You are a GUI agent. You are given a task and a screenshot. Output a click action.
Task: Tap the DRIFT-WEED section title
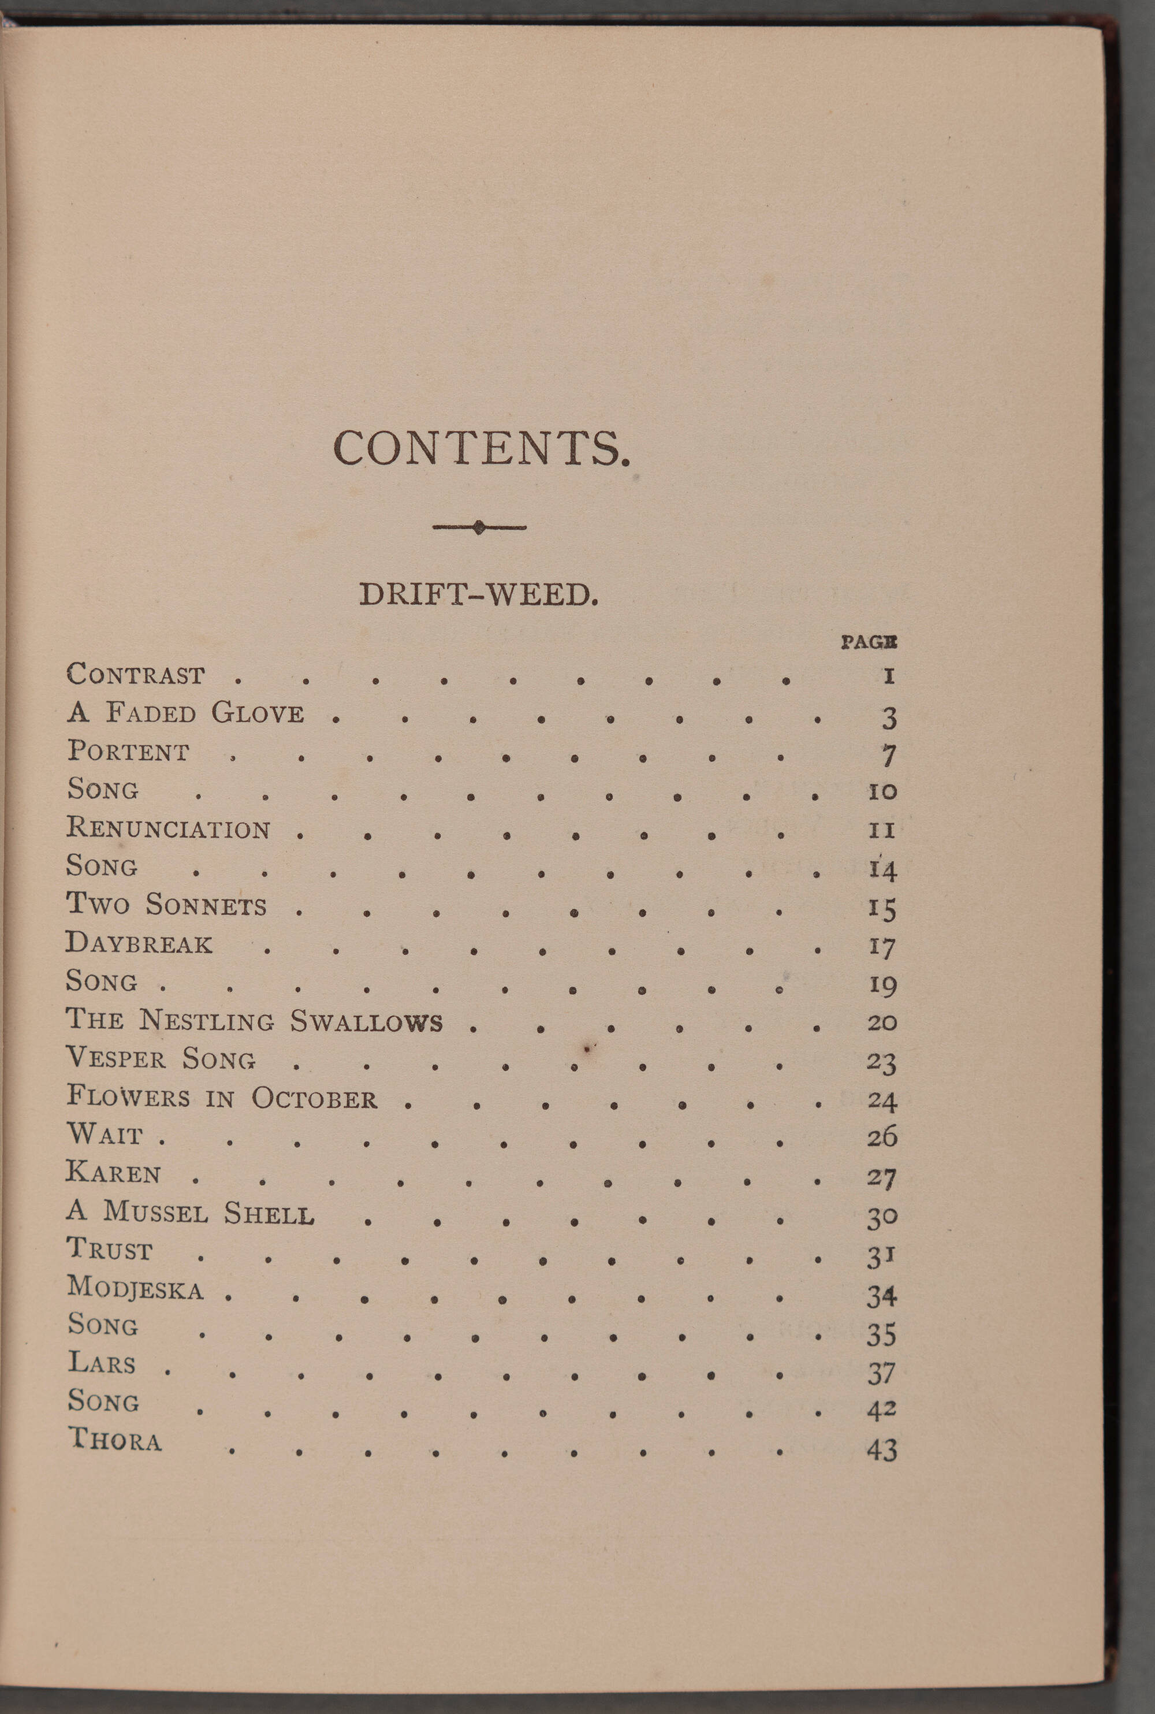tap(478, 594)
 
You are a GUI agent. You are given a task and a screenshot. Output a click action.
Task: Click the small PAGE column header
tap(869, 642)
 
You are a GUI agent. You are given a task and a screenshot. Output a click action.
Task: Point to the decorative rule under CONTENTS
tap(479, 527)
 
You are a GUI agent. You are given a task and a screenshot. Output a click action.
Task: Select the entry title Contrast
tap(136, 674)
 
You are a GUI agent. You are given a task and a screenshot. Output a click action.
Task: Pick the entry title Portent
tap(129, 751)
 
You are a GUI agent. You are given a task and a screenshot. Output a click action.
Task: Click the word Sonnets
tap(206, 904)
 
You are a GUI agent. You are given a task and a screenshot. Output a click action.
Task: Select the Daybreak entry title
tap(139, 943)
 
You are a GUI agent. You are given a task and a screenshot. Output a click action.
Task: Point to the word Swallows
tap(366, 1021)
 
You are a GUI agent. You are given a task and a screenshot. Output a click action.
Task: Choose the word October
tap(315, 1098)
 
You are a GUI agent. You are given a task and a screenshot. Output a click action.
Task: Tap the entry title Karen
tap(113, 1172)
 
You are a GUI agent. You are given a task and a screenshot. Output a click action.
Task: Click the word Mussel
tap(155, 1212)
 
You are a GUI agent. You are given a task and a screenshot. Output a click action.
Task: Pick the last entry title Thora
tap(115, 1439)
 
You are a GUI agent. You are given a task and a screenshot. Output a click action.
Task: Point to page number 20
tap(881, 1022)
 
